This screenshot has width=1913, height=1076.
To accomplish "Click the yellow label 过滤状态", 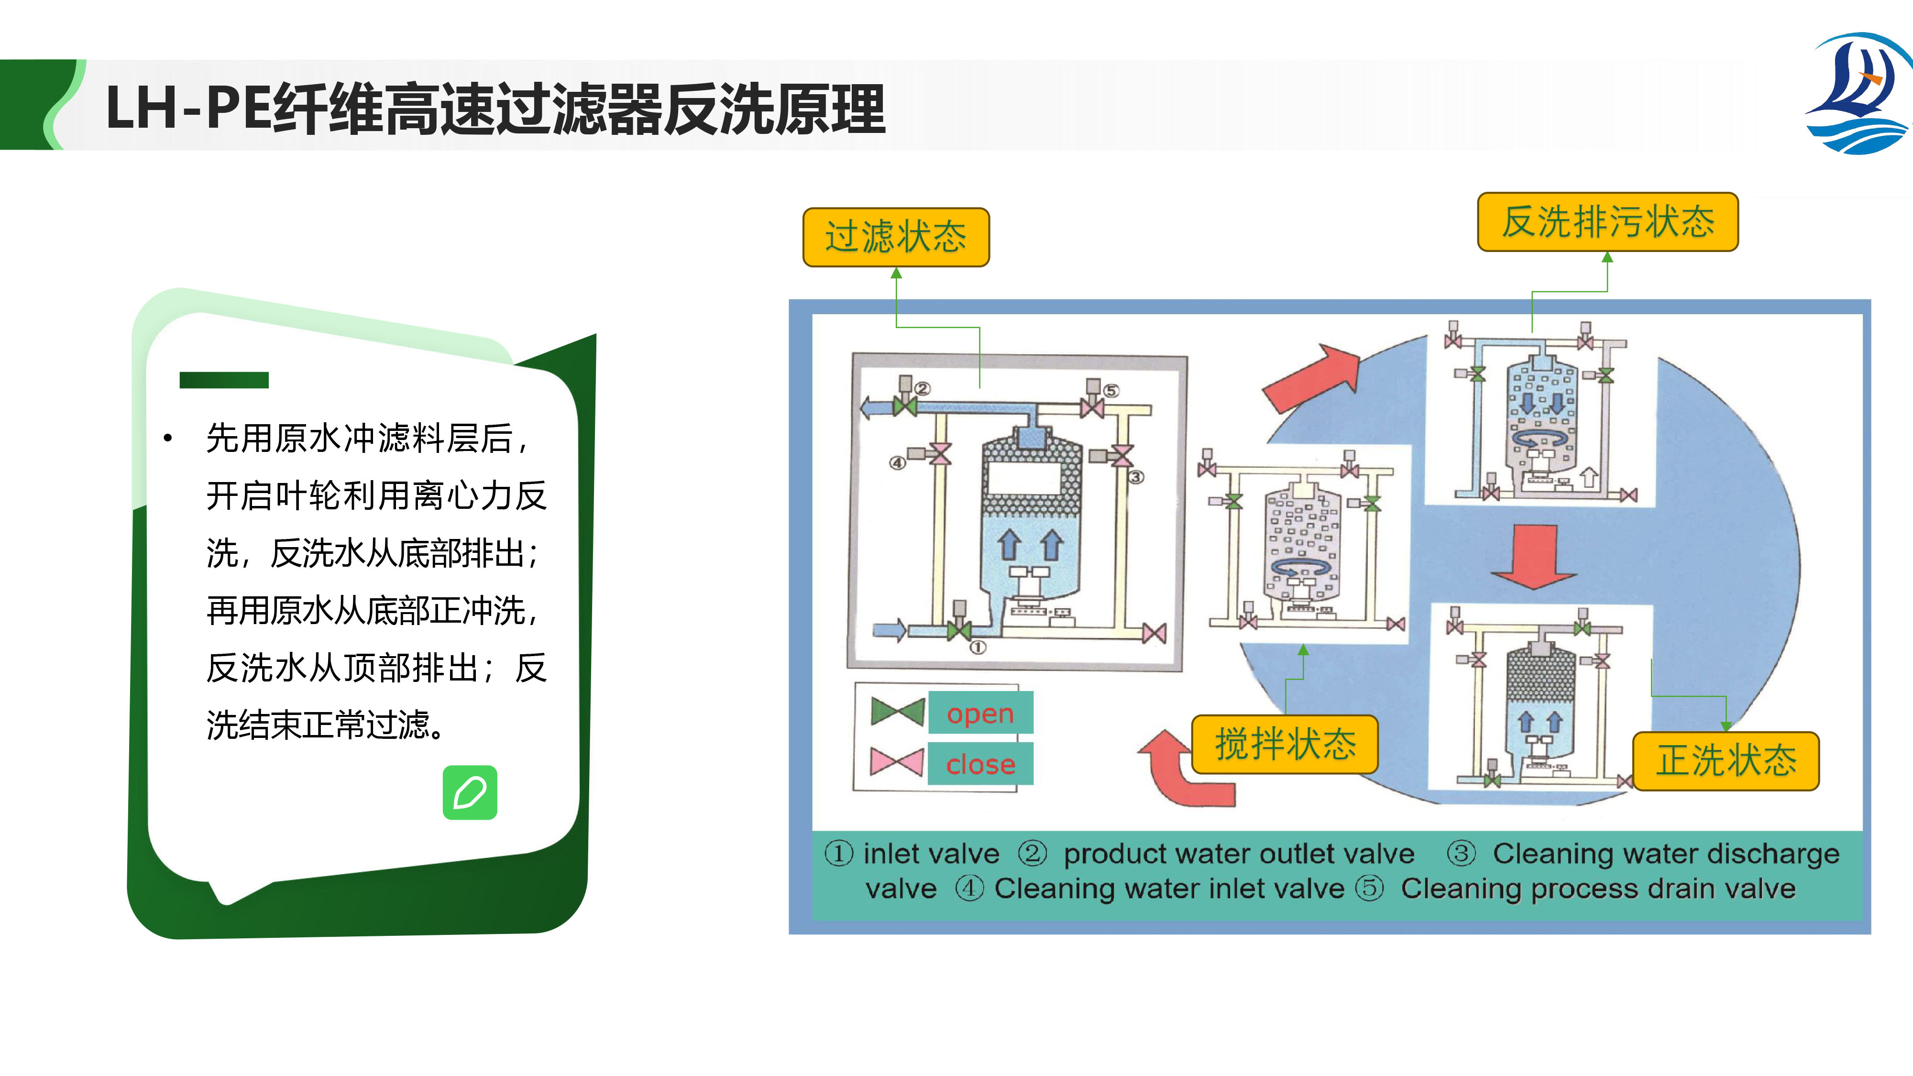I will click(896, 237).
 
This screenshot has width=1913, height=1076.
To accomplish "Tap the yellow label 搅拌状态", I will click(1285, 744).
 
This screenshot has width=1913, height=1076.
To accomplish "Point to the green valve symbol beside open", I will click(897, 712).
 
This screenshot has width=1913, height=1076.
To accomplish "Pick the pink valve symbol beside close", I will click(897, 762).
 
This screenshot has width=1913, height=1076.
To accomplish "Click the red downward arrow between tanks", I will click(1534, 557).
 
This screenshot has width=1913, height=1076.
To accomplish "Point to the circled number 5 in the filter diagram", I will click(1111, 391).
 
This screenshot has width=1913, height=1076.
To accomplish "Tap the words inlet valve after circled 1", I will click(931, 854).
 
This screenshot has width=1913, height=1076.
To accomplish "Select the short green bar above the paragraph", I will click(223, 380).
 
